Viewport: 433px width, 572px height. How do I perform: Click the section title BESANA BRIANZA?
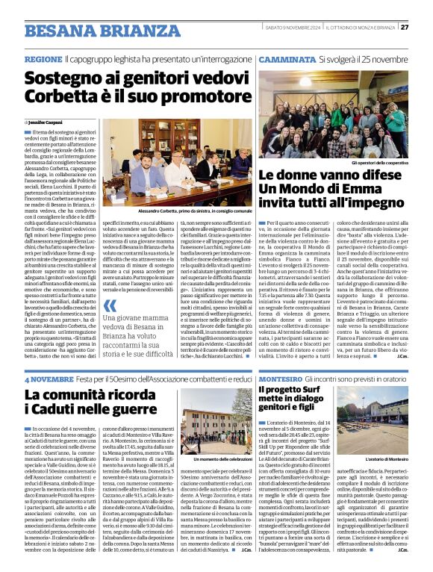(x=92, y=31)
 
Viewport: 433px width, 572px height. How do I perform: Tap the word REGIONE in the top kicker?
(x=43, y=58)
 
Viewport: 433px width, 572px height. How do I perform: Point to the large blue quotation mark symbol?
(x=110, y=307)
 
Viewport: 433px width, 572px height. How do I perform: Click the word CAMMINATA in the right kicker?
(x=287, y=58)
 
